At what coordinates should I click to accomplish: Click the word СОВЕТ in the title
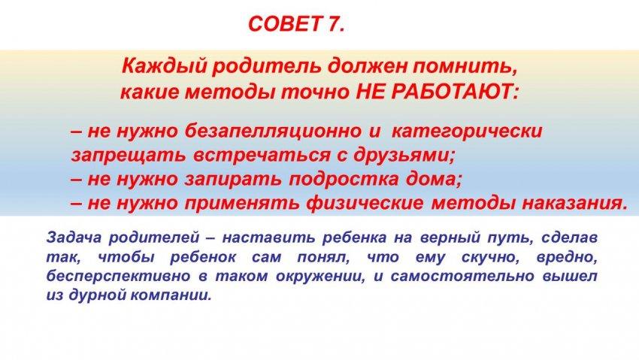tap(284, 24)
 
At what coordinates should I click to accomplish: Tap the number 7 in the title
tap(333, 24)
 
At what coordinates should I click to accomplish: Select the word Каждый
tap(163, 66)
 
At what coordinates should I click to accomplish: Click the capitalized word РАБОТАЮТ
tap(453, 92)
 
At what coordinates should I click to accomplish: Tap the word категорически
tap(468, 132)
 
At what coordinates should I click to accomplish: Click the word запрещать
tap(129, 156)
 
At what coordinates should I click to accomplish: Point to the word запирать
tap(233, 179)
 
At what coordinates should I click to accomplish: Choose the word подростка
tap(344, 179)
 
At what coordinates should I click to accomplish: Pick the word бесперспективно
tap(118, 277)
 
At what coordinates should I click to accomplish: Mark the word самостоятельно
tap(462, 276)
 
